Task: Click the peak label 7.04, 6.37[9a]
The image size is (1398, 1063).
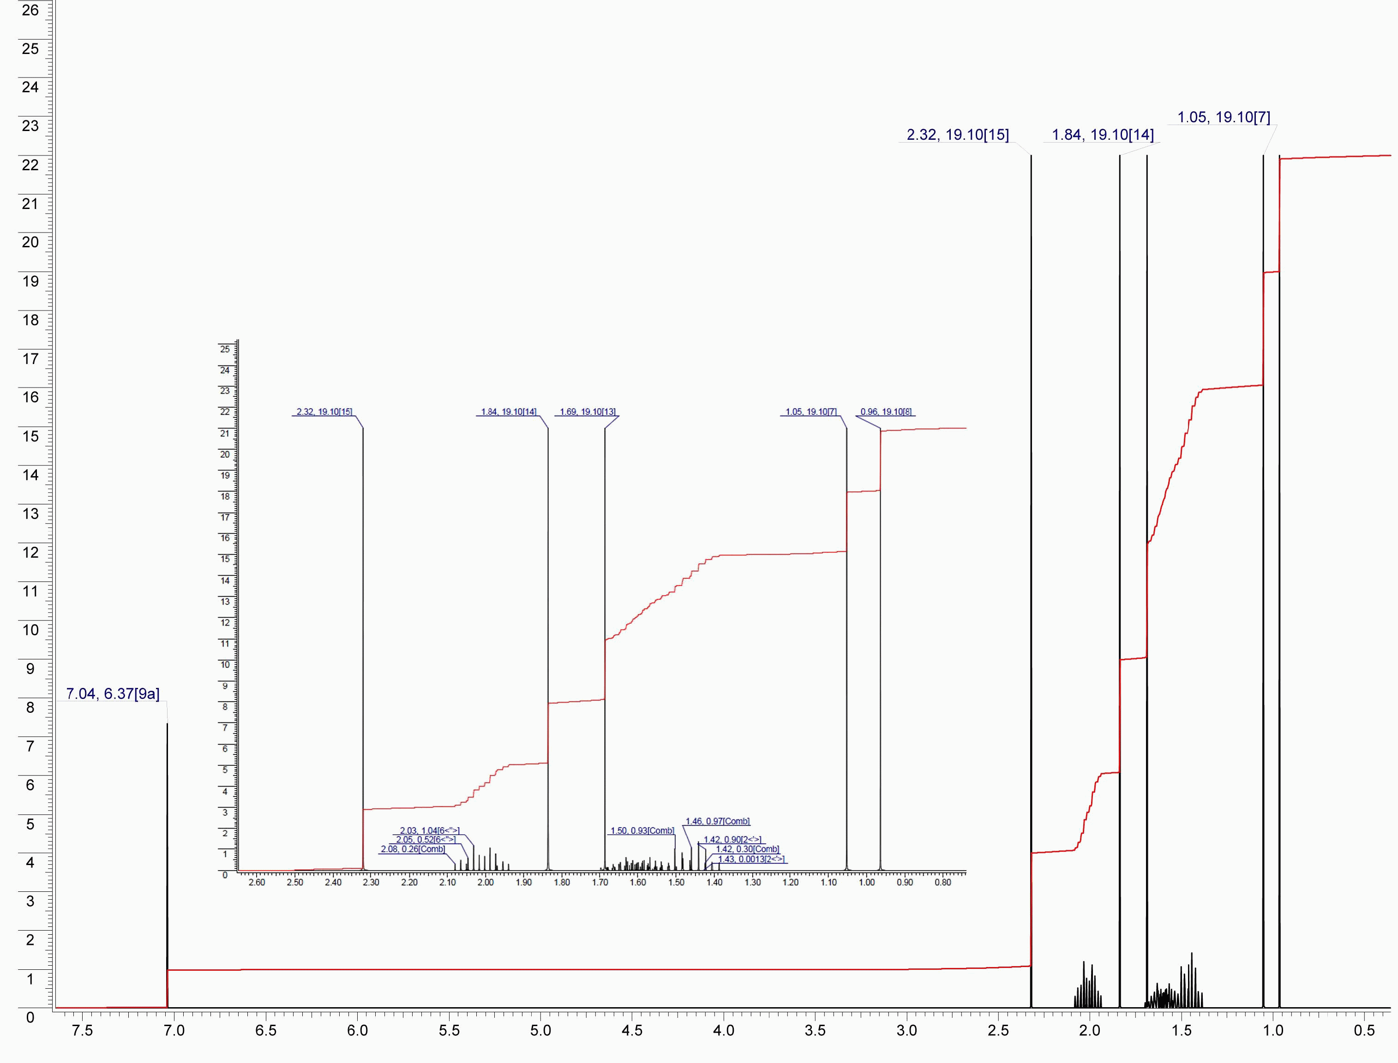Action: coord(113,694)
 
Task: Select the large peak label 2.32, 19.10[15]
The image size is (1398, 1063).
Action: coord(958,135)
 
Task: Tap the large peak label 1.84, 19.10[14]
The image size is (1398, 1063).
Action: coord(1103,135)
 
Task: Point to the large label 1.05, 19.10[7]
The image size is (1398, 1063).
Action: coord(1224,117)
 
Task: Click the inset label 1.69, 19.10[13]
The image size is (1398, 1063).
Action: coord(587,412)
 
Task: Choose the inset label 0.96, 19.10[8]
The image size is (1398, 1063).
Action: coord(886,412)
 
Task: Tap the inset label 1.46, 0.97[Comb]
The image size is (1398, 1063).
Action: coord(717,821)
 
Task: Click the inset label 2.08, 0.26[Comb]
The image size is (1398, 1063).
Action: coord(413,849)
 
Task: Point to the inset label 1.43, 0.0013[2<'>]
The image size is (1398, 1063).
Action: coord(751,859)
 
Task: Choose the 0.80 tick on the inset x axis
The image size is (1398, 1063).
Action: coord(942,883)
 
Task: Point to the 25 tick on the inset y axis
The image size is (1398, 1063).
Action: coord(225,349)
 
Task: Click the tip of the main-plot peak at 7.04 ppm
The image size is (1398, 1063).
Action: coord(167,724)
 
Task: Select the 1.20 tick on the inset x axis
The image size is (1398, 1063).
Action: coord(791,883)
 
